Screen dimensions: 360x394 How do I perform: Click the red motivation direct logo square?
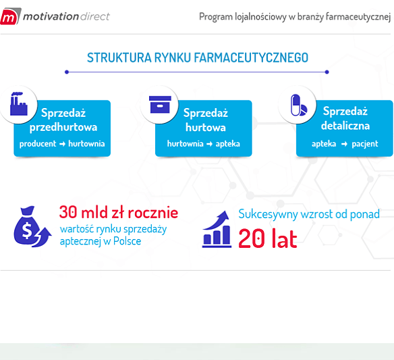tap(9, 16)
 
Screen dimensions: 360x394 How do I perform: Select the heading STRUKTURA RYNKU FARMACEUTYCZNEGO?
tap(197, 57)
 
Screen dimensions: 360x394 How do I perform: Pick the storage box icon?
tap(159, 105)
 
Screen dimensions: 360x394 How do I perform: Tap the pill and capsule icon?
tap(298, 105)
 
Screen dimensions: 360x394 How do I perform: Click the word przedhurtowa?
tap(63, 127)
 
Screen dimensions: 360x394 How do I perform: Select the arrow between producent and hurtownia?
tap(62, 144)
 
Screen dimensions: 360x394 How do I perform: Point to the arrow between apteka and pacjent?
tap(344, 144)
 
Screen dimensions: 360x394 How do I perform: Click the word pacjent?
tap(364, 144)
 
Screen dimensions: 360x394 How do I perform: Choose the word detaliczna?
tap(345, 126)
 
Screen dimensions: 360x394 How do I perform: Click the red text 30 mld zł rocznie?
tap(118, 212)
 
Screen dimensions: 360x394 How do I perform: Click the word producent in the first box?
tap(37, 144)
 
